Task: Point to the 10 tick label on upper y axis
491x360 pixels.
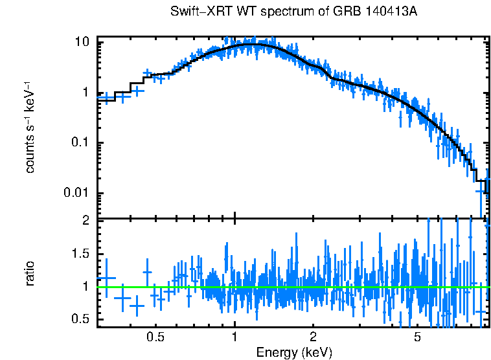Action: pos(82,42)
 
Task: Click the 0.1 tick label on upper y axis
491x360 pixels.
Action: pos(80,143)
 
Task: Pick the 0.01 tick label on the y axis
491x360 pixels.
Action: pos(76,194)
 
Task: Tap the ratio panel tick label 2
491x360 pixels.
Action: pos(85,221)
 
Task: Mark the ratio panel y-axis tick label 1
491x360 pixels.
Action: pos(86,286)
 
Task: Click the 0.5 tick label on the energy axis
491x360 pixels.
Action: pos(155,337)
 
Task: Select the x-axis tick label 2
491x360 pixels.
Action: pos(313,337)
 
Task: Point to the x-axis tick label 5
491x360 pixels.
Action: pos(417,337)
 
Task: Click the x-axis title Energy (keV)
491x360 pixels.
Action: pos(294,353)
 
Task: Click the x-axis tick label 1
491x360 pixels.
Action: pos(234,337)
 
